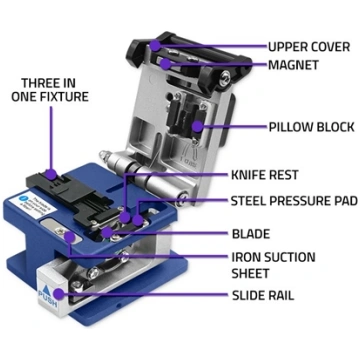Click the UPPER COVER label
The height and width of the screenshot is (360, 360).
coord(309,47)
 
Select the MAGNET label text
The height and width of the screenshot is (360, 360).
coord(293,65)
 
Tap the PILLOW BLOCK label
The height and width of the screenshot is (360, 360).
coord(311,127)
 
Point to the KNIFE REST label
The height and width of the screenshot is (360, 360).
coord(265,175)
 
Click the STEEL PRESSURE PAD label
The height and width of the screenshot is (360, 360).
coord(294,201)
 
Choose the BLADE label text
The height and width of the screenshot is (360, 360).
coord(251,234)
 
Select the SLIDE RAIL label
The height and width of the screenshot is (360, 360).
coord(263,295)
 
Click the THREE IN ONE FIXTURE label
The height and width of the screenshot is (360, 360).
coord(50,90)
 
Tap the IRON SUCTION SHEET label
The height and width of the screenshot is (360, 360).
coord(273,265)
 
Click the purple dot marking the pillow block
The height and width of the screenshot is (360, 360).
coord(198,126)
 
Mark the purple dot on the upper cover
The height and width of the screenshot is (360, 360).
coord(155,45)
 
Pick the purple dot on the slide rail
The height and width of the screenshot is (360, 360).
coord(59,294)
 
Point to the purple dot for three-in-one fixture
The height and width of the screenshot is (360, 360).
coord(51,174)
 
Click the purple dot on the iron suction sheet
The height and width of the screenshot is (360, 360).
coord(69,237)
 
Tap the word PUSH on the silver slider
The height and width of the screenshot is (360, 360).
coord(48,299)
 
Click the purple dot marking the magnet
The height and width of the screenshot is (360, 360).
coord(164,63)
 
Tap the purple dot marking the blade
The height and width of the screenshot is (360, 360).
coord(106,232)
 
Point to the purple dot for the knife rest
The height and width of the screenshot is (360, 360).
coord(125,218)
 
